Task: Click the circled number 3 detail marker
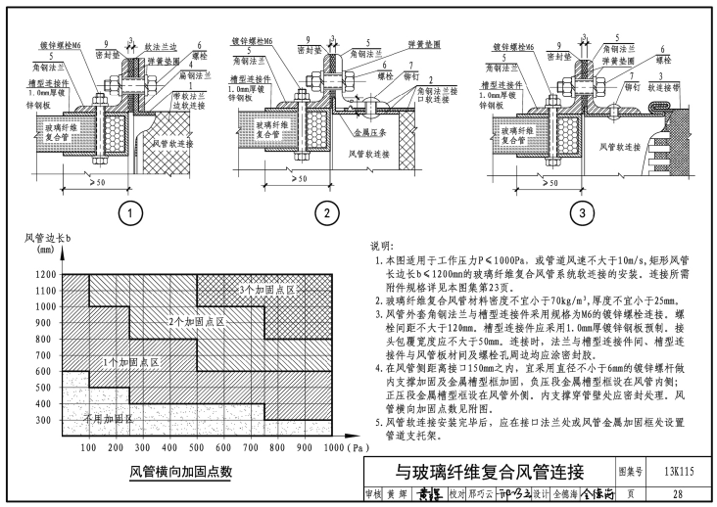coord(582,211)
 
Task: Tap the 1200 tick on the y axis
coord(44,275)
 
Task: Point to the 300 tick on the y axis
coord(44,421)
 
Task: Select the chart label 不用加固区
coord(108,418)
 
